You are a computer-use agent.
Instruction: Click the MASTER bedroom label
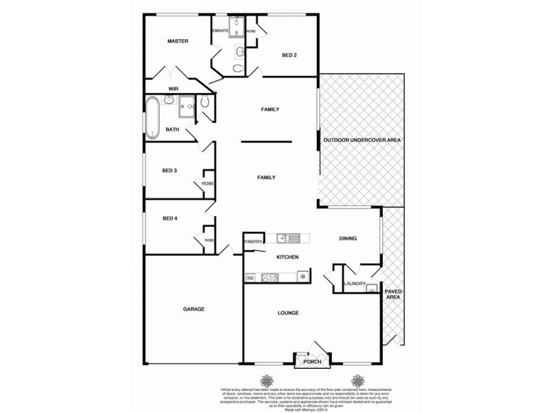click(178, 41)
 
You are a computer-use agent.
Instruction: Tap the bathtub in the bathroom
click(153, 116)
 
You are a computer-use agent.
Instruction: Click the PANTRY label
click(253, 242)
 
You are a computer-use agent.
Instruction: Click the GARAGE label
click(194, 309)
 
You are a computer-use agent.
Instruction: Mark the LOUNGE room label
click(288, 313)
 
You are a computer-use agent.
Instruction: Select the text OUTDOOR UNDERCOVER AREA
click(362, 140)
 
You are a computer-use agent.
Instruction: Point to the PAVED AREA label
click(393, 294)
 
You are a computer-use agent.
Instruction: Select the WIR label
click(174, 89)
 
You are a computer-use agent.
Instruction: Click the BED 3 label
click(170, 170)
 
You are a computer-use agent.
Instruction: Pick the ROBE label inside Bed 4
click(208, 240)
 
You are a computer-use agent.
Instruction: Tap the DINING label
click(349, 238)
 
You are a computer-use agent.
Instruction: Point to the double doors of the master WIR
click(176, 72)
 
